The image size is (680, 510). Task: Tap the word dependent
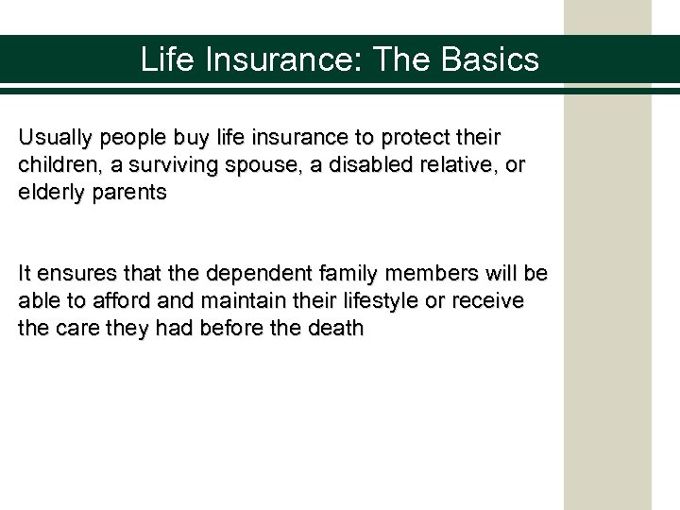pyautogui.click(x=247, y=274)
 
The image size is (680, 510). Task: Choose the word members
pyautogui.click(x=425, y=274)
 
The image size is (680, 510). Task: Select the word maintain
pyautogui.click(x=232, y=302)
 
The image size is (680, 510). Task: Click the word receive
pyautogui.click(x=491, y=302)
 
